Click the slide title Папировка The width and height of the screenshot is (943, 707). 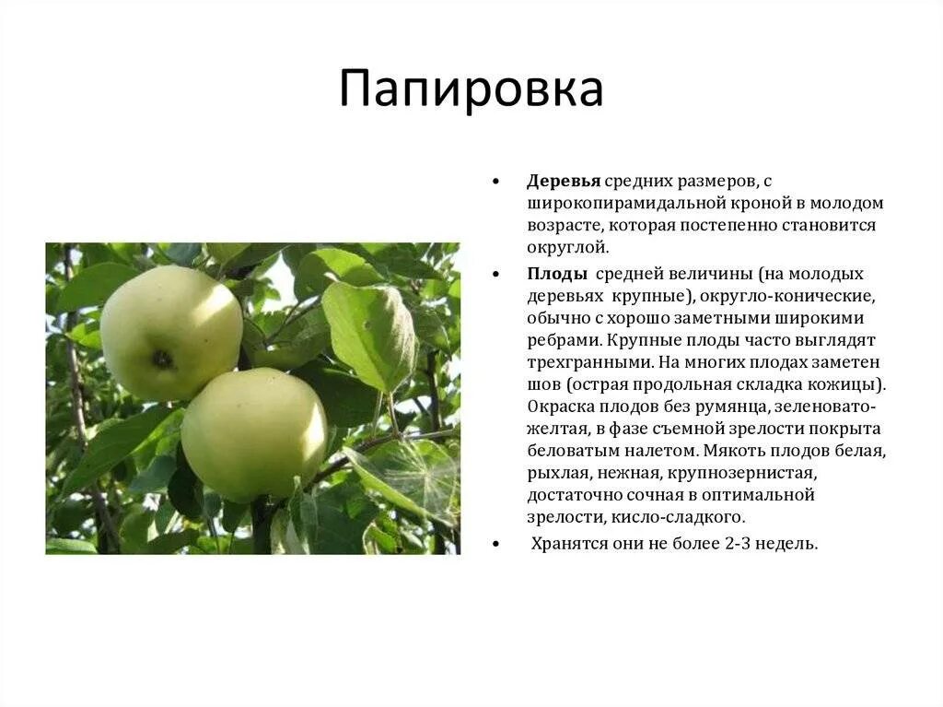471,89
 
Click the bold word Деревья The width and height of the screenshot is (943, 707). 564,181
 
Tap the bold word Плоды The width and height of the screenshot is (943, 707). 557,274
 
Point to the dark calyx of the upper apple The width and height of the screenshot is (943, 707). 162,359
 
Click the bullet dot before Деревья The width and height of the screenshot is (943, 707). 495,182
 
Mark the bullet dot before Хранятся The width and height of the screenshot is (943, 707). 495,544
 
